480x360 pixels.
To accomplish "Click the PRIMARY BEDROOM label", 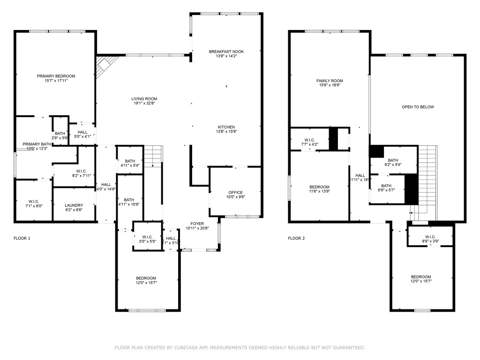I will [56, 76].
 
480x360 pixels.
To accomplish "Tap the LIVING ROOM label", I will [144, 99].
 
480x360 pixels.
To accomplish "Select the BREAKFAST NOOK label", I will [226, 52].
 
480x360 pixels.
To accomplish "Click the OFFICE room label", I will [235, 193].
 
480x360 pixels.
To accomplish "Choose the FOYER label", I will [197, 224].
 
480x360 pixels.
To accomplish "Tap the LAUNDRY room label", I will [74, 205].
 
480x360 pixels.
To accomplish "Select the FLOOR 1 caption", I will [22, 238].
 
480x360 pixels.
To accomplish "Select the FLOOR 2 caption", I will [296, 238].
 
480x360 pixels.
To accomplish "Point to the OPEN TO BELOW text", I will [418, 107].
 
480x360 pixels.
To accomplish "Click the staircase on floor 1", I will [153, 156].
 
